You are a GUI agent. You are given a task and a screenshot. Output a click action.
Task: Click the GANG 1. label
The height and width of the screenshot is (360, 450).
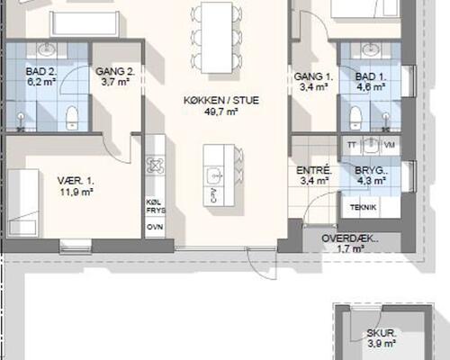(314, 77)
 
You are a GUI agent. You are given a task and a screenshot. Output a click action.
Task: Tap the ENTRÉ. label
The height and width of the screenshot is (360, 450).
(314, 169)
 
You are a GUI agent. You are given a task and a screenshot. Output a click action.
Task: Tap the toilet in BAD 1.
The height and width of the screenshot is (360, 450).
(355, 113)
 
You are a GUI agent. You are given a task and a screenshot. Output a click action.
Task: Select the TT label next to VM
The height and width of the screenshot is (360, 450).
(354, 144)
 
